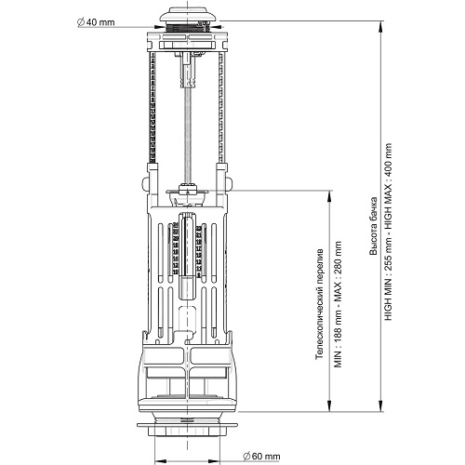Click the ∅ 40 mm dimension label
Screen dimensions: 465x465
tap(96, 22)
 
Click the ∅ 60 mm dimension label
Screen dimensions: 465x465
tap(261, 456)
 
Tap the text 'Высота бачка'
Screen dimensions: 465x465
tap(374, 226)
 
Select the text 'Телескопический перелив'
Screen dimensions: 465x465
tap(319, 304)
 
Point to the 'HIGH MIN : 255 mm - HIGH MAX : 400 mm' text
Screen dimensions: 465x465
tap(388, 232)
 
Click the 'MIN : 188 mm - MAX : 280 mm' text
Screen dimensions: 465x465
tap(338, 304)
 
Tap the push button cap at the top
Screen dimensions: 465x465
tap(188, 15)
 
